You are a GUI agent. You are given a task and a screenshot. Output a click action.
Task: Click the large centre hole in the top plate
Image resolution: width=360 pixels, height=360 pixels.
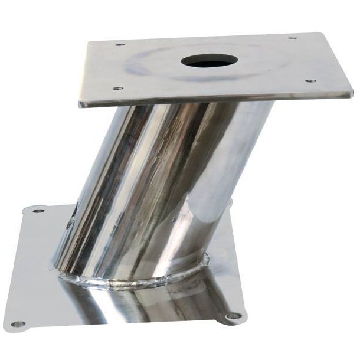click(210, 61)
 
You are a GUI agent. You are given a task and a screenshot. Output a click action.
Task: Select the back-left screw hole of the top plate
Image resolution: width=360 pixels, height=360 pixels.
click(119, 45)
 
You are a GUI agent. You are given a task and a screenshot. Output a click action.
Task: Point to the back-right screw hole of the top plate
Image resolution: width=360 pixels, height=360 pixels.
click(291, 39)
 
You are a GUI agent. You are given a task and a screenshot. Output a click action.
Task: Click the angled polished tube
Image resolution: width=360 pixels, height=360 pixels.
click(159, 189)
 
